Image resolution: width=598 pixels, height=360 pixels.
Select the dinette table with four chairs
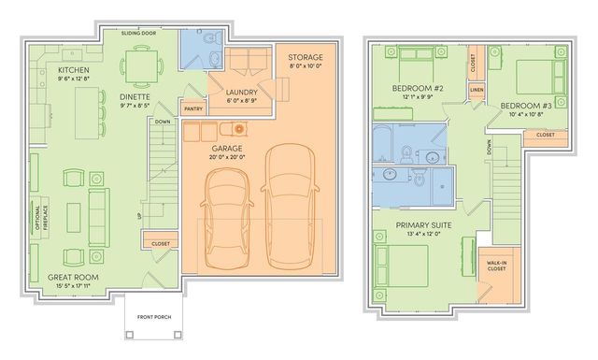[x=142, y=66]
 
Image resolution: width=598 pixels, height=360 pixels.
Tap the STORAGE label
[x=305, y=58]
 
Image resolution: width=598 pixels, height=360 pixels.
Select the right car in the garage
[x=286, y=199]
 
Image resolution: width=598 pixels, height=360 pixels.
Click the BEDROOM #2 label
[x=419, y=89]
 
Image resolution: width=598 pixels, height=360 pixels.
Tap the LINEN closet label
[x=477, y=91]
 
